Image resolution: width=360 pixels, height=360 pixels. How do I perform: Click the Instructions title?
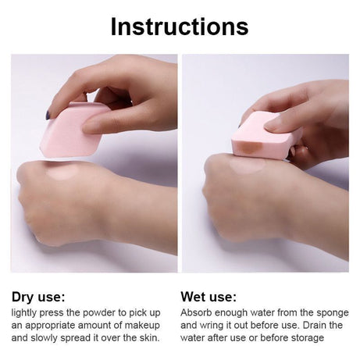pos(180,27)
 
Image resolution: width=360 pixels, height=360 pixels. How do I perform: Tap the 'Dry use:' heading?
pos(38,297)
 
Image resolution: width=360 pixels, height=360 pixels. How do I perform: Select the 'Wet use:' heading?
pos(209,297)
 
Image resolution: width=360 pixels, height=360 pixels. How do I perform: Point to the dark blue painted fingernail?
pos(48,115)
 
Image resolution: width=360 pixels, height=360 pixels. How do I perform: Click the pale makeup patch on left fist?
pos(63,172)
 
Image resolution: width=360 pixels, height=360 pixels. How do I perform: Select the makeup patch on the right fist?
pos(248,166)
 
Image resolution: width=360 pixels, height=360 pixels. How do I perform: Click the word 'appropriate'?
pos(50,326)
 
